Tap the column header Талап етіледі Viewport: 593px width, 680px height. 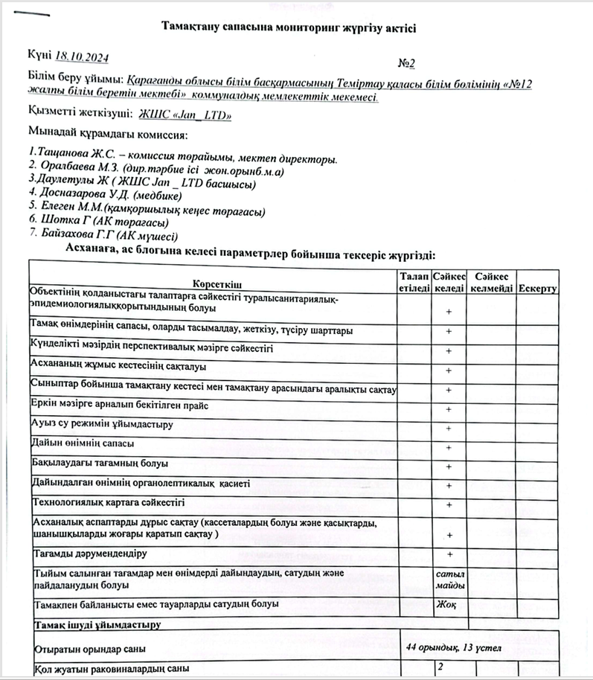[x=414, y=282]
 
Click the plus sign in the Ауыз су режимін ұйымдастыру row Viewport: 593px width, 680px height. [x=449, y=429]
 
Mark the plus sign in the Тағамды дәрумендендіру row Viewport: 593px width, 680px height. [x=449, y=554]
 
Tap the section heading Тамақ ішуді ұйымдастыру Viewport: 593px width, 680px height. [x=94, y=623]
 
